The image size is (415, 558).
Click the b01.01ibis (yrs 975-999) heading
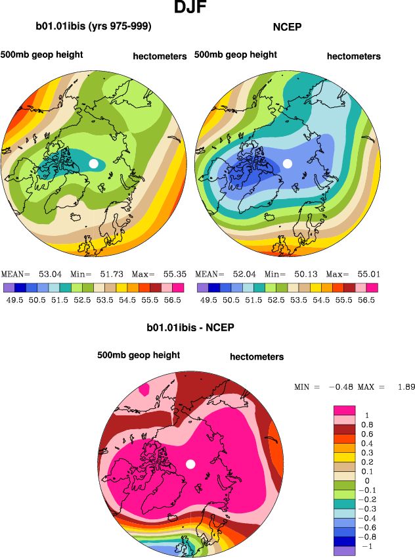94,27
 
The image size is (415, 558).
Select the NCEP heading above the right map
286,27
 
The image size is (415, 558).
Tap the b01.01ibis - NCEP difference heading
190,327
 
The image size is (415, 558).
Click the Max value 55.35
171,274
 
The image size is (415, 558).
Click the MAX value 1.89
405,386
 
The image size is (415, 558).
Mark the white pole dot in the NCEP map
287,163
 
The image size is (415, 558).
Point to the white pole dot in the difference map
190,464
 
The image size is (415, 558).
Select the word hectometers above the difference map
257,357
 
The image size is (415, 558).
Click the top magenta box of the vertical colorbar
345,409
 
